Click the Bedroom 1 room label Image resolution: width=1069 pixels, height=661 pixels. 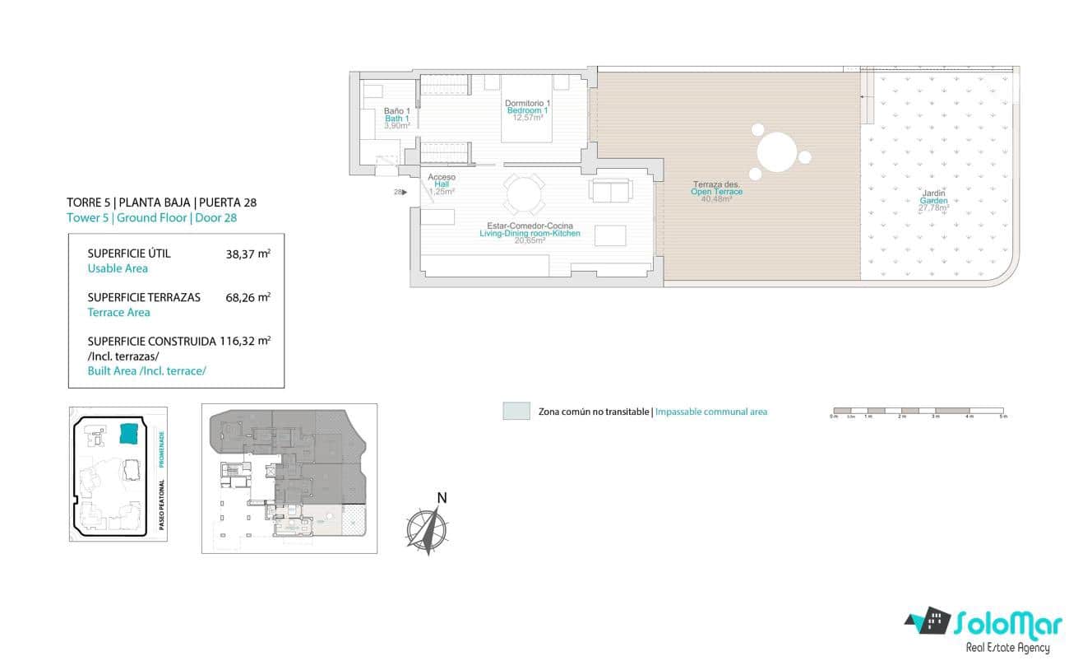pyautogui.click(x=527, y=110)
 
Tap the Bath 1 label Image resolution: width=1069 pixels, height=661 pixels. pyautogui.click(x=397, y=119)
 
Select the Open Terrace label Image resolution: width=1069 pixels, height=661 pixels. pyautogui.click(x=716, y=192)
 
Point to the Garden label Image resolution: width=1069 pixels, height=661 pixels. pyautogui.click(x=933, y=201)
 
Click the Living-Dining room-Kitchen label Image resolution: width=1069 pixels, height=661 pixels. pyautogui.click(x=530, y=233)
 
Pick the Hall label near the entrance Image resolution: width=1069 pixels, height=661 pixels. pyautogui.click(x=442, y=184)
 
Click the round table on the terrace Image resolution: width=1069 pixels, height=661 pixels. pyautogui.click(x=776, y=153)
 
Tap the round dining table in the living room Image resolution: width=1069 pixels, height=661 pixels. pyautogui.click(x=524, y=196)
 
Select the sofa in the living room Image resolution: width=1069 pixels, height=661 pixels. pyautogui.click(x=611, y=190)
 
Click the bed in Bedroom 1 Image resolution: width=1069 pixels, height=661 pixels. pyautogui.click(x=527, y=107)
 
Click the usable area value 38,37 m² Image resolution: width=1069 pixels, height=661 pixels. pyautogui.click(x=248, y=254)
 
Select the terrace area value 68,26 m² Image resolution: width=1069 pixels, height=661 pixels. pyautogui.click(x=248, y=297)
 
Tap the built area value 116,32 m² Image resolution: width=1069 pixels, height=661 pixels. pyautogui.click(x=245, y=340)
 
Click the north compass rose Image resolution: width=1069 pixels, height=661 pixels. pyautogui.click(x=428, y=527)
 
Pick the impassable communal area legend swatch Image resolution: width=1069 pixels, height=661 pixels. pyautogui.click(x=516, y=412)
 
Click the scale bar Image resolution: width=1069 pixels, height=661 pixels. pyautogui.click(x=918, y=410)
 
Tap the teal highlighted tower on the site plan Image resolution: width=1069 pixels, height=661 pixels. pyautogui.click(x=129, y=433)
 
